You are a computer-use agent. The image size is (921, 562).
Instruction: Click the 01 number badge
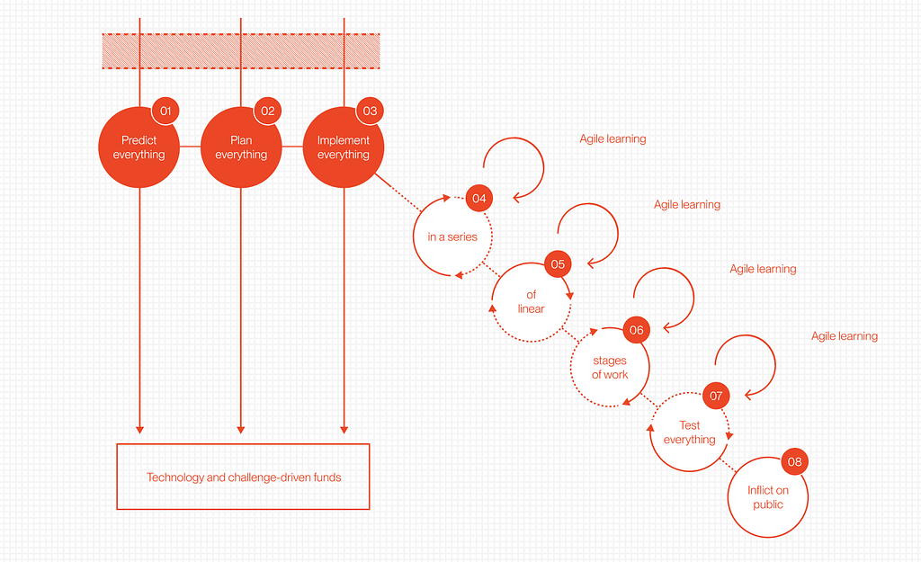tap(165, 111)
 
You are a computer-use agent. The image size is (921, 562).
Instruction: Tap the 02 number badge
tap(267, 111)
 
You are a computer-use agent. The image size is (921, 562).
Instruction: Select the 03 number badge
tap(370, 111)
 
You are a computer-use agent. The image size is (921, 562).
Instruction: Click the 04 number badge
tap(479, 198)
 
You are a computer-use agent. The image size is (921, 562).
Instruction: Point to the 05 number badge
tap(558, 264)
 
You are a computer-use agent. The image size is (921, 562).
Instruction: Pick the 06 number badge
tap(637, 330)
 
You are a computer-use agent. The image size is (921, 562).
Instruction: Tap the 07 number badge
tap(716, 396)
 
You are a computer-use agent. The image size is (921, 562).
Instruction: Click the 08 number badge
tap(794, 462)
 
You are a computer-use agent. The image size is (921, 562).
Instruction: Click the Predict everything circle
tap(139, 148)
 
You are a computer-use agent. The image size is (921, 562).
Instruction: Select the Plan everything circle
tap(241, 148)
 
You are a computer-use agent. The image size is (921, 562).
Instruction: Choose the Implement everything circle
tap(344, 148)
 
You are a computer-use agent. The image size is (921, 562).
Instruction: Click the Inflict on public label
tap(768, 497)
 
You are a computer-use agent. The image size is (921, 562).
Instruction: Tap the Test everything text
tap(690, 433)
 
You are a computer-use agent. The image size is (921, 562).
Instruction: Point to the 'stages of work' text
tap(610, 368)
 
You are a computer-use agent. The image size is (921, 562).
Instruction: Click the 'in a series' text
tap(452, 237)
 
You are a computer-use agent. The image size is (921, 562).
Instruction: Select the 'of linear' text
tap(532, 302)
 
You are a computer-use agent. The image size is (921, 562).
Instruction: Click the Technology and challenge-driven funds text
tap(244, 477)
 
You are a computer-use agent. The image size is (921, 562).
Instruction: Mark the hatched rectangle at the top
tap(240, 51)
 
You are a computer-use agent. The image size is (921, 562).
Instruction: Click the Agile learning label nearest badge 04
tap(613, 139)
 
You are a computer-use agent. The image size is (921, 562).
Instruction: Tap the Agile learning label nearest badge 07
tap(845, 336)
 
